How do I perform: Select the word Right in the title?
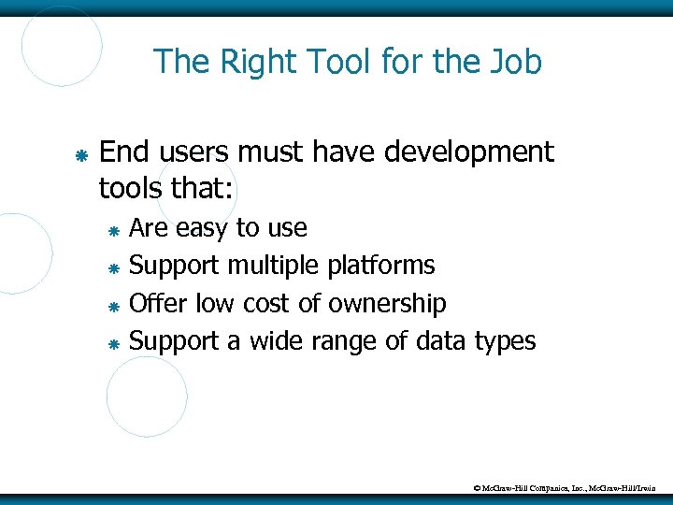pos(244,62)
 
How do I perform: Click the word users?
pos(197,151)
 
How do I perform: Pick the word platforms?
pos(381,266)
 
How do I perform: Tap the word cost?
pos(268,303)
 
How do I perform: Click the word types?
pos(504,342)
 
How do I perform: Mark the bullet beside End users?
pos(81,152)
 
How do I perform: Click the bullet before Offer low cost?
pos(112,306)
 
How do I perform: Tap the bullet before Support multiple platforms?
pos(112,268)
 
